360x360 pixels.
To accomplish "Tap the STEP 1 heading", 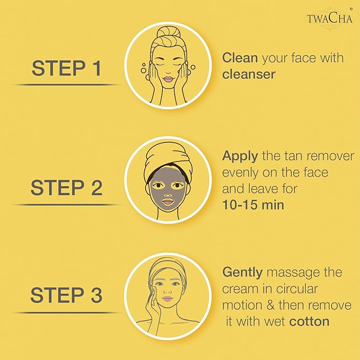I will click(66, 68).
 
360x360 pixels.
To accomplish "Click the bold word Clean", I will click(236, 58).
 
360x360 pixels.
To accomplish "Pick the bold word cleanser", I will click(249, 74).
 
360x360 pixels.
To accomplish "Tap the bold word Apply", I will click(239, 156).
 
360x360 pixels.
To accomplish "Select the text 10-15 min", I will click(253, 204).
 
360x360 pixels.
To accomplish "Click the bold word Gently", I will click(242, 273).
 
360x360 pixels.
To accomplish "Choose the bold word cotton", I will click(309, 321).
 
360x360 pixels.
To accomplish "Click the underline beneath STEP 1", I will click(66, 84).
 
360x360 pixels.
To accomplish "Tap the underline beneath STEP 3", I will click(66, 312).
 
